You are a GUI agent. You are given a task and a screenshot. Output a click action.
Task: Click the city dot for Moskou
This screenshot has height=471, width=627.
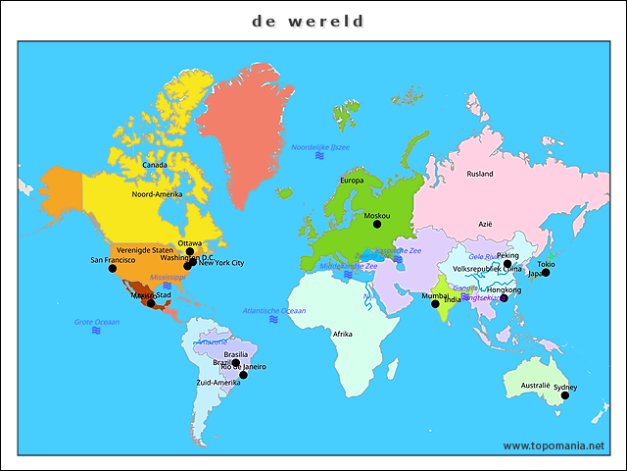(x=377, y=225)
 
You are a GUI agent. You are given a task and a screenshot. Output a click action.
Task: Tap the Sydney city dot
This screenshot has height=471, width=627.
(x=564, y=395)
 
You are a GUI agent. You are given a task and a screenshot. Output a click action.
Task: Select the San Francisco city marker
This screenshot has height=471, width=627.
(x=112, y=268)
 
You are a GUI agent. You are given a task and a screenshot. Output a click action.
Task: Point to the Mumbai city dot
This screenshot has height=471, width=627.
(x=435, y=304)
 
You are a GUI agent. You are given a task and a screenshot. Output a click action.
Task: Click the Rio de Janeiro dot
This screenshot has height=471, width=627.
(x=243, y=375)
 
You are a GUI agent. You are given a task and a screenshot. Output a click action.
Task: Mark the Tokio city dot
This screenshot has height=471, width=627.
(x=546, y=272)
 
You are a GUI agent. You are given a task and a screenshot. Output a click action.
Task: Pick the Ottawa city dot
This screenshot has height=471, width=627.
(x=190, y=251)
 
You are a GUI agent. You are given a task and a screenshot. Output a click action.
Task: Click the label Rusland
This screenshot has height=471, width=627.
(x=480, y=174)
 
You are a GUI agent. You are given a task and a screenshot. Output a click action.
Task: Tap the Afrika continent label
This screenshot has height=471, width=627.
(x=343, y=334)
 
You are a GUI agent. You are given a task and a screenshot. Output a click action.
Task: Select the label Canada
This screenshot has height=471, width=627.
(x=155, y=165)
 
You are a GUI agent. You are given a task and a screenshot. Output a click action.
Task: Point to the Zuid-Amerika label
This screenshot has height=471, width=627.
(x=218, y=382)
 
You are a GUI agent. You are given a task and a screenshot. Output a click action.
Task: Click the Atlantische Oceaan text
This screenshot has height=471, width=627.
(x=274, y=310)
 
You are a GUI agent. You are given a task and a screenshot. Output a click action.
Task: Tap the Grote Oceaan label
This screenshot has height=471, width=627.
(x=96, y=322)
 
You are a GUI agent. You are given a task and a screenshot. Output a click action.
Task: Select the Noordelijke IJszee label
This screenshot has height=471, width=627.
(x=319, y=147)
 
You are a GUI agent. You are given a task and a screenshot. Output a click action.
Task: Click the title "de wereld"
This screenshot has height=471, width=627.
(x=308, y=21)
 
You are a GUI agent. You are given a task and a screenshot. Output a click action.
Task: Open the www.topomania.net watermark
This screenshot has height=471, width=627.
(x=554, y=445)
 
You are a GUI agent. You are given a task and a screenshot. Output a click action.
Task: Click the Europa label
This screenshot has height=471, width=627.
(x=352, y=181)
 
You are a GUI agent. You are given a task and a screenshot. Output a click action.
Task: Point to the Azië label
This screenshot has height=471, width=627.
(x=485, y=224)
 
